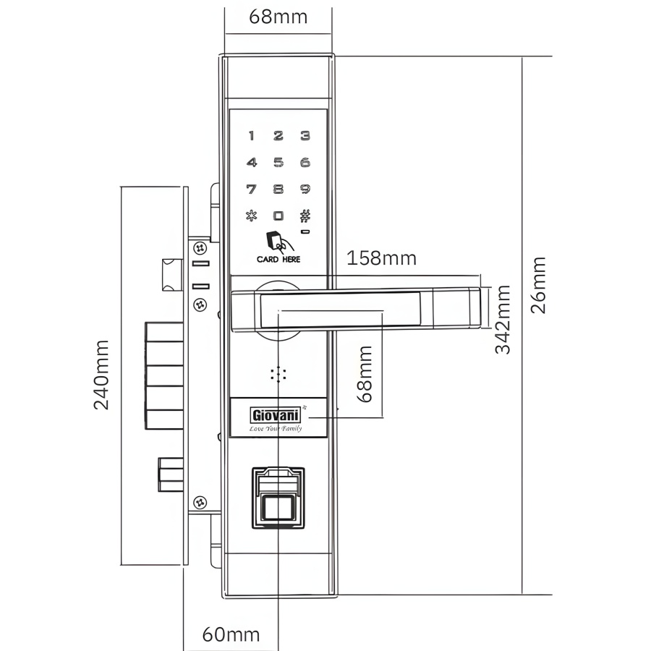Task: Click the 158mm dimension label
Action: (381, 258)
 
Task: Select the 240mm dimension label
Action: (101, 375)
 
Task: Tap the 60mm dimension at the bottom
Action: (231, 634)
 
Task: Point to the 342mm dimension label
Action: (503, 319)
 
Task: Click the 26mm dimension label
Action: (538, 285)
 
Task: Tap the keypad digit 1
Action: (251, 135)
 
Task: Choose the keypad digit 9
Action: (305, 190)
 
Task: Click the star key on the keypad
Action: (251, 216)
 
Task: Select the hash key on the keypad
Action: (305, 216)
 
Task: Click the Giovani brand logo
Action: (276, 414)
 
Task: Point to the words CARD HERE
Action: (278, 260)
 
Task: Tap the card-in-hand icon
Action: (279, 242)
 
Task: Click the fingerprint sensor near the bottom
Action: (278, 498)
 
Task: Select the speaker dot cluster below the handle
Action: (278, 374)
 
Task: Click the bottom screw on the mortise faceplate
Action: (200, 503)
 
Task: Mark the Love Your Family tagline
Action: (276, 428)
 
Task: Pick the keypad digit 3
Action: (305, 135)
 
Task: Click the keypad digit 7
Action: (251, 190)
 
